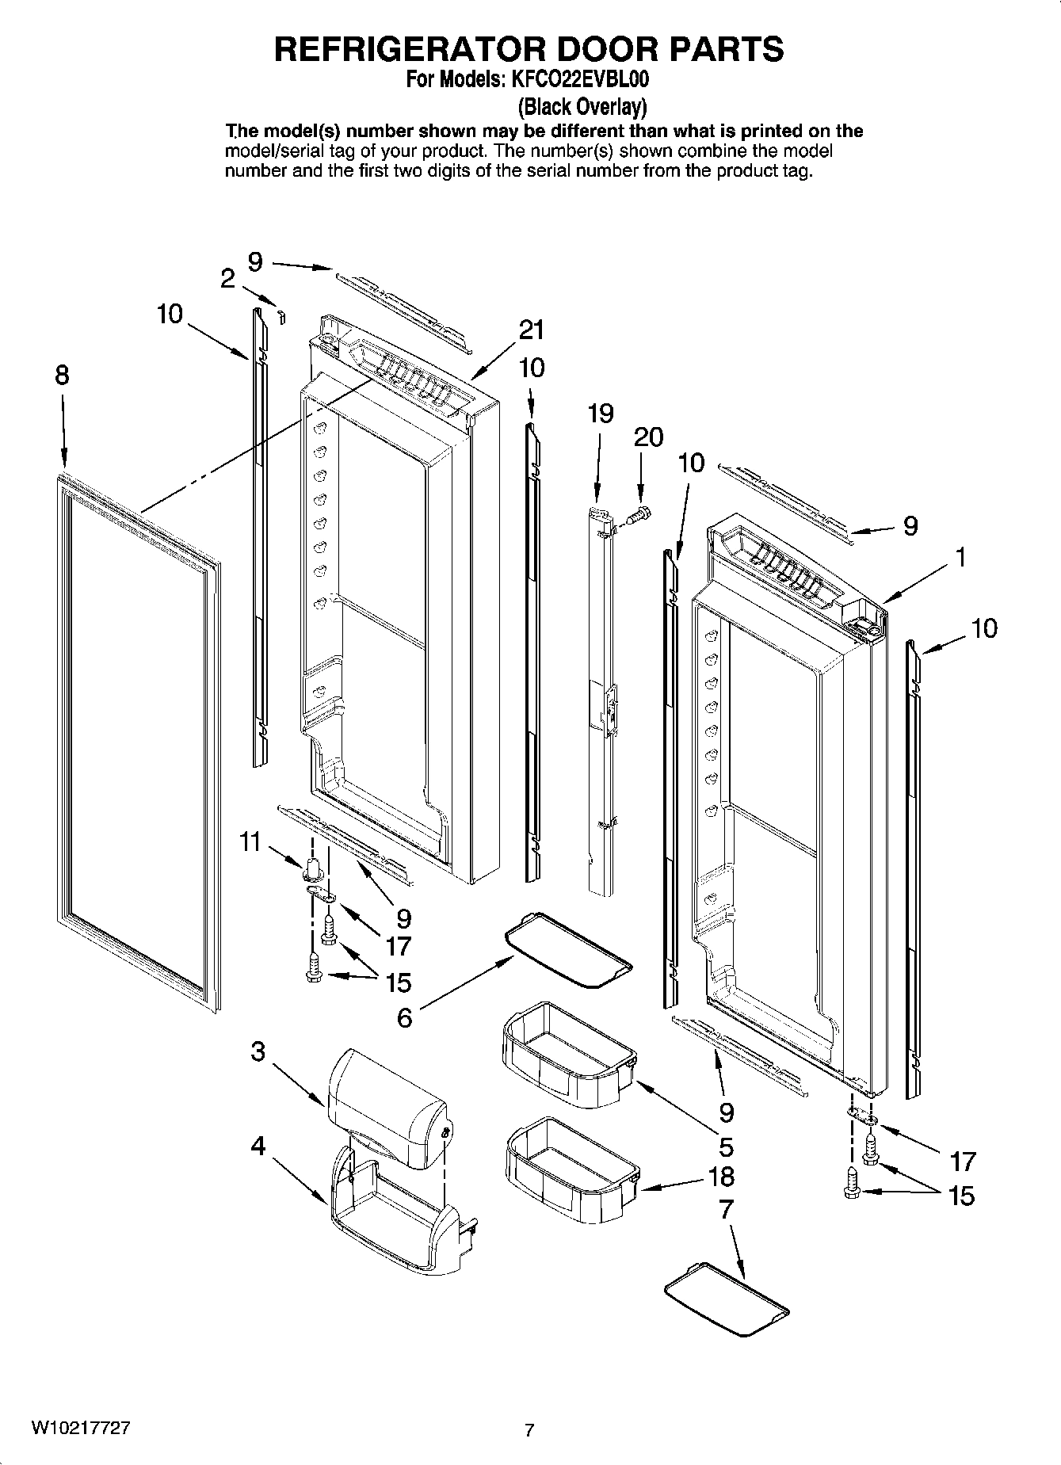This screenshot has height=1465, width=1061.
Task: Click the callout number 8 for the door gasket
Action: [x=62, y=375]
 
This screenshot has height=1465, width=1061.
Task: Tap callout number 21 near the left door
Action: [x=532, y=330]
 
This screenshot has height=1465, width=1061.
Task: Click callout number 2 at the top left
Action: [x=227, y=279]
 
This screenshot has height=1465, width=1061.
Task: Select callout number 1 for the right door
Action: [x=960, y=557]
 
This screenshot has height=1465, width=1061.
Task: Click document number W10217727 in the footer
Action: [x=81, y=1427]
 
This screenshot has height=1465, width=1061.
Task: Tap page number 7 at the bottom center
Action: [x=529, y=1430]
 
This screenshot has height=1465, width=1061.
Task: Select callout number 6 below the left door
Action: [x=404, y=1017]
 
